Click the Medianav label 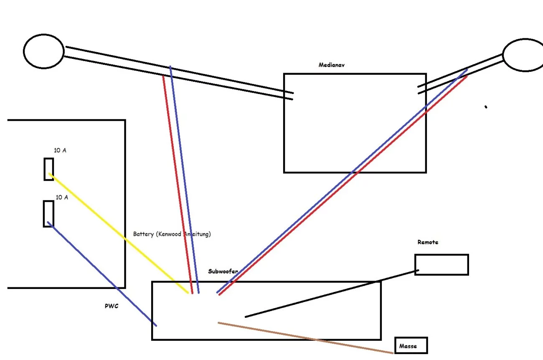pos(331,65)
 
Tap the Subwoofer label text pos(223,271)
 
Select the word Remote pos(428,242)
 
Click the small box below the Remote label pos(442,265)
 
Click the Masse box pos(411,346)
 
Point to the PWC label pos(112,306)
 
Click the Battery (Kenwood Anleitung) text pos(172,234)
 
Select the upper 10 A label pos(60,150)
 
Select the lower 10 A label pos(62,197)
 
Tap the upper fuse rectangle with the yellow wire pos(49,169)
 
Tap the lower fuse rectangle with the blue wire pos(48,213)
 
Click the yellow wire pos(117,232)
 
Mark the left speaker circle pos(43,51)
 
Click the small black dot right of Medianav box pos(486,107)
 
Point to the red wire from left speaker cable pos(178,184)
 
